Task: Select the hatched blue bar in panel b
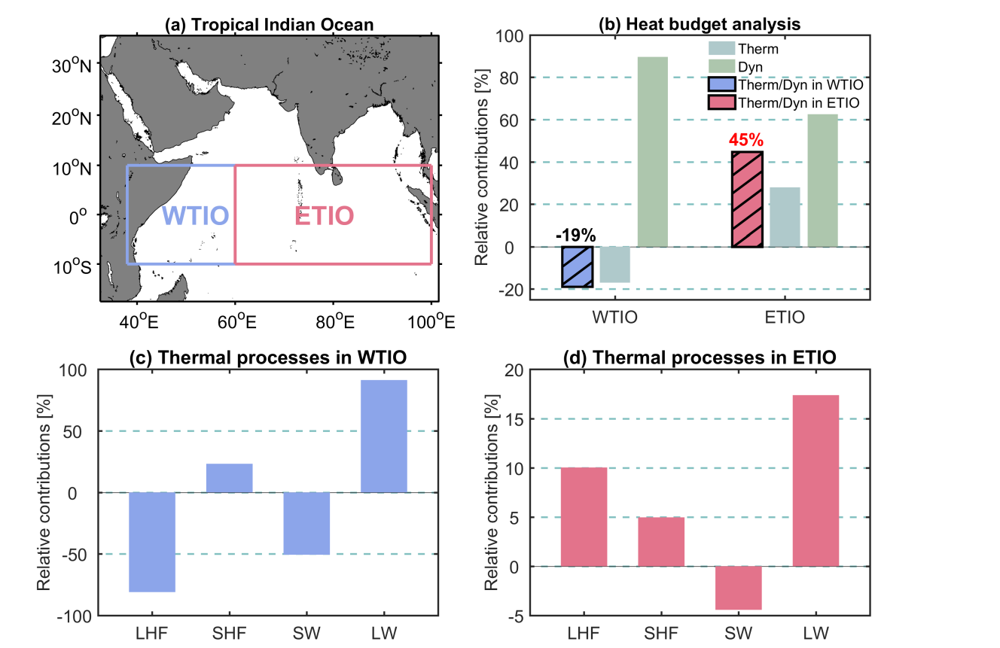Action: (578, 266)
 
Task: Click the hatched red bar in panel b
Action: (747, 199)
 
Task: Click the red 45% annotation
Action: (747, 140)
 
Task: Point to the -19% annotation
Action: (577, 235)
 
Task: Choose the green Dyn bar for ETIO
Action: (822, 181)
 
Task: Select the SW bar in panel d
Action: (738, 588)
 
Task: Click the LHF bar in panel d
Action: (584, 517)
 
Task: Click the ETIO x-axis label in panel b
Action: (785, 317)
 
